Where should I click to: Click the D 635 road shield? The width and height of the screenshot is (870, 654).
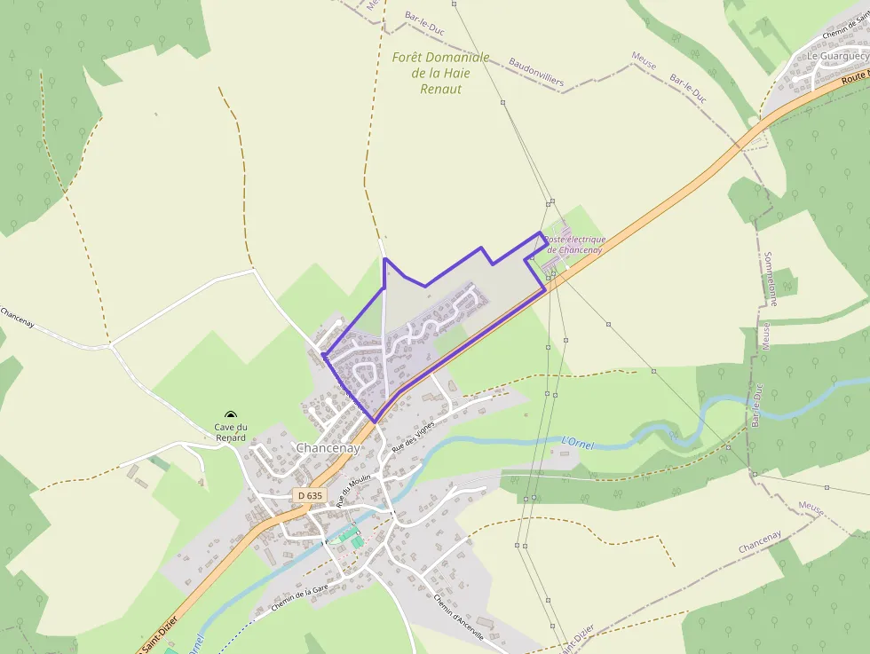(310, 495)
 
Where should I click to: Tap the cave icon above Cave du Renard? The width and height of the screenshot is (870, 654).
(231, 415)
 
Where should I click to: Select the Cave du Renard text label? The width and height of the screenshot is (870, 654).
(230, 432)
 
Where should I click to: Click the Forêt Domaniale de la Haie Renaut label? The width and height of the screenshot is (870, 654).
(440, 73)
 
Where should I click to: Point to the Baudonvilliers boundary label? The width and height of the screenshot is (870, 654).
(536, 73)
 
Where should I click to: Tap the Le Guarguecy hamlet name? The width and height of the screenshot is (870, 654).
(836, 56)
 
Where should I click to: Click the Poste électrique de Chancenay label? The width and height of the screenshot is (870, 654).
(574, 244)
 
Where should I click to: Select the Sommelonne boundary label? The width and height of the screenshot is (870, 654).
(770, 279)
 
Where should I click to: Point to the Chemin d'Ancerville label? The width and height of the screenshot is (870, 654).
(458, 617)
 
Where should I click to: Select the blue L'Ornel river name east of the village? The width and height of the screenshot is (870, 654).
(577, 441)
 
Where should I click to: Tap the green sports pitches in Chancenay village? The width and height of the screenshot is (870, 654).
(352, 538)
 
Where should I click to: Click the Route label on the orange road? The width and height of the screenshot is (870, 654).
(853, 77)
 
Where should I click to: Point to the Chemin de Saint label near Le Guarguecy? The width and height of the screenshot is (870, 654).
(844, 33)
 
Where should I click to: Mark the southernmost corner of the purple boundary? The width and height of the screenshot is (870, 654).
(374, 421)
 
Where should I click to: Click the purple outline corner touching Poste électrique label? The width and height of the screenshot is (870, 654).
(541, 233)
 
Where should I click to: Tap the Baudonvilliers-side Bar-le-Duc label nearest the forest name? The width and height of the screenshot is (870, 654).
(424, 22)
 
